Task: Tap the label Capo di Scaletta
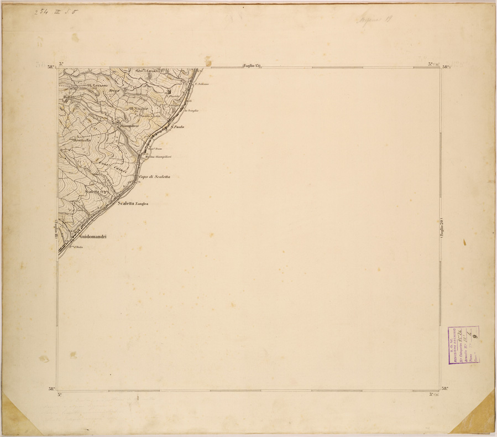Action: (155, 176)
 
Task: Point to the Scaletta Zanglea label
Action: (134, 204)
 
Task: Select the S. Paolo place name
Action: (177, 127)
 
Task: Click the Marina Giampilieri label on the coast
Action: (158, 157)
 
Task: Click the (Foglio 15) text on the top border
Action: (252, 66)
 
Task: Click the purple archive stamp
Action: (463, 345)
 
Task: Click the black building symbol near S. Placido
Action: (169, 91)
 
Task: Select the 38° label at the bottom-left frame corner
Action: (51, 389)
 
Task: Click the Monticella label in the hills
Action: (81, 140)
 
